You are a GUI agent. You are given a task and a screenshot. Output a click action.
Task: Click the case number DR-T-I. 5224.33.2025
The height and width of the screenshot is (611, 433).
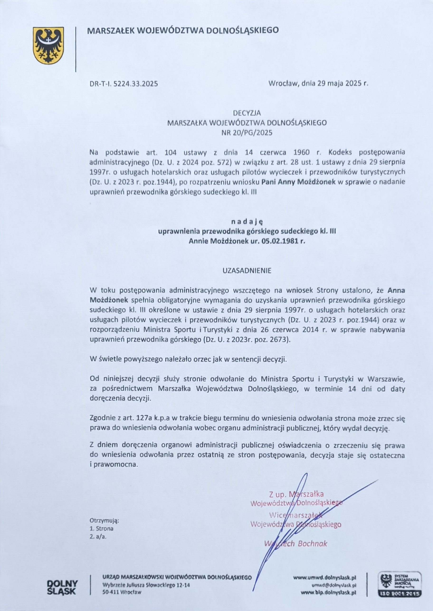click(x=124, y=84)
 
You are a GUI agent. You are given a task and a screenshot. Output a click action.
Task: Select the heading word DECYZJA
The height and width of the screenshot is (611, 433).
click(x=247, y=113)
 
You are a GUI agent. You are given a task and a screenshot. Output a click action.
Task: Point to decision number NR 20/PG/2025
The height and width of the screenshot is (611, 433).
click(x=247, y=132)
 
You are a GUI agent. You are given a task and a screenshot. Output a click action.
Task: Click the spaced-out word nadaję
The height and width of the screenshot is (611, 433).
click(x=247, y=221)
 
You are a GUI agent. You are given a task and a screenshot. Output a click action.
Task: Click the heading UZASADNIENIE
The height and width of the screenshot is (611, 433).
click(x=247, y=271)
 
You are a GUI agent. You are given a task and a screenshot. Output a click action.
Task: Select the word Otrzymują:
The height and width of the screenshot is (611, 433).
click(x=104, y=520)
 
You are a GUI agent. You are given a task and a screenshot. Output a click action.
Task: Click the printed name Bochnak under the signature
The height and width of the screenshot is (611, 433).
click(x=312, y=543)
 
